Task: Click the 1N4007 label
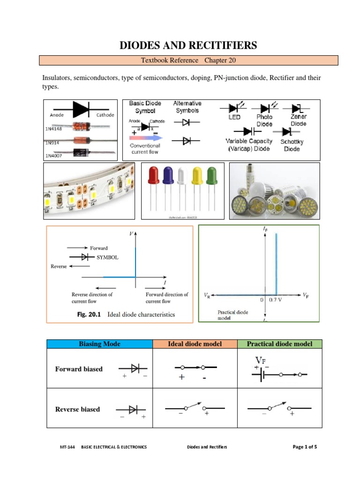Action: tap(54, 155)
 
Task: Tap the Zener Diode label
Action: tap(298, 120)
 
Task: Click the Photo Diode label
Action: tap(264, 120)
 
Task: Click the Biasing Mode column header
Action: tap(99, 344)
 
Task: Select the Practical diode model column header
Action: tap(280, 344)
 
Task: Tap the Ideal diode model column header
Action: tap(195, 344)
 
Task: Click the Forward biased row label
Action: tap(79, 369)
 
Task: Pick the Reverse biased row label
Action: tap(77, 409)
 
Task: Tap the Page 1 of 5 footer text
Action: tap(305, 447)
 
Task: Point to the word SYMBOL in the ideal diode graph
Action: tap(108, 257)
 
